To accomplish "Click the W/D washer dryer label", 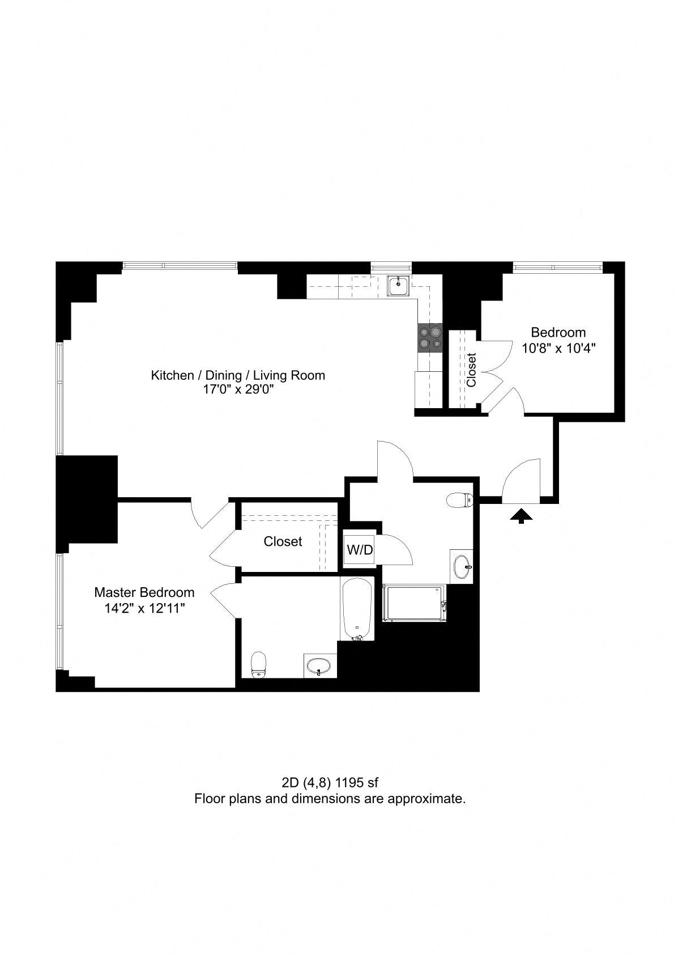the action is click(360, 550).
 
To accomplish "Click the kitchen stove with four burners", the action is click(430, 338).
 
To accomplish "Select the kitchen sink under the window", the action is click(399, 285).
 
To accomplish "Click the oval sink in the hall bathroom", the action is click(462, 567).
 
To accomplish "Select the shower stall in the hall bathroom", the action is click(415, 604).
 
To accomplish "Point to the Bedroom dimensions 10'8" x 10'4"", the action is click(558, 349).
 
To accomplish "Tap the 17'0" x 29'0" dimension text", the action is click(238, 389).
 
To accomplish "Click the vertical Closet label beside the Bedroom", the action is click(471, 370).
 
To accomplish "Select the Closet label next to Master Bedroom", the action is click(283, 542).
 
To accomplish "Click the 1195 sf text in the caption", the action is click(357, 783).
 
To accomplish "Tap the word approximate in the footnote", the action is click(425, 799).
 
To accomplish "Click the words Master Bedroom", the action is click(144, 592).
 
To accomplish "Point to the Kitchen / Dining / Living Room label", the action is click(238, 375).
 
